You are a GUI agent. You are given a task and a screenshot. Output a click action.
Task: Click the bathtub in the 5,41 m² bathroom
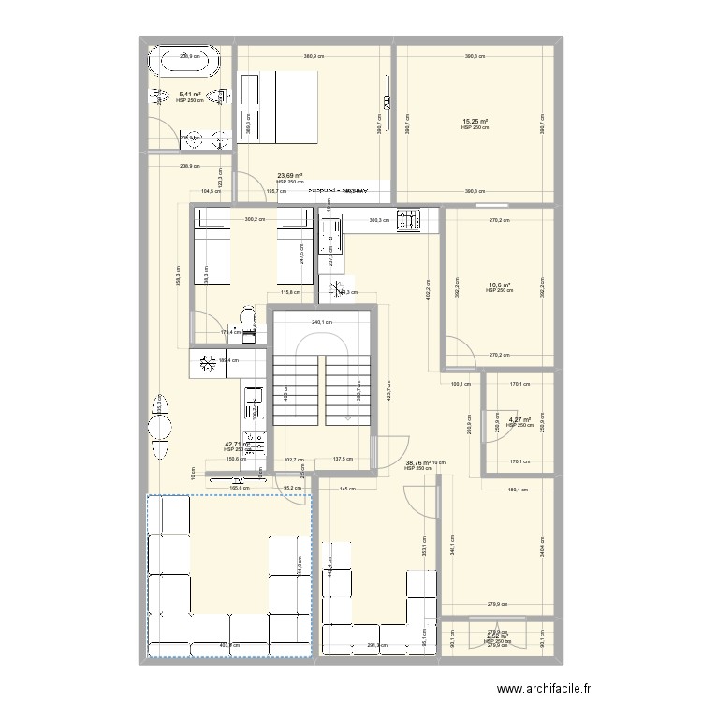click(x=189, y=67)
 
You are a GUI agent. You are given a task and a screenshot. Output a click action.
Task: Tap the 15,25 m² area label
click(x=475, y=122)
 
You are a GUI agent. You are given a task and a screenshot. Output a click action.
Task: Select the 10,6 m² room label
click(x=498, y=285)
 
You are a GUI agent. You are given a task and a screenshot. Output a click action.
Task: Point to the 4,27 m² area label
click(x=519, y=420)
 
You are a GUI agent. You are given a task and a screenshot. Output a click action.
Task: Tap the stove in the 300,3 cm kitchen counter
click(x=409, y=221)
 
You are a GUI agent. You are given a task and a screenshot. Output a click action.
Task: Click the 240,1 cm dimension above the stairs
click(x=322, y=323)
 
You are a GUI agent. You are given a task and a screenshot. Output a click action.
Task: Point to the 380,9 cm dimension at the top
click(x=312, y=57)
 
